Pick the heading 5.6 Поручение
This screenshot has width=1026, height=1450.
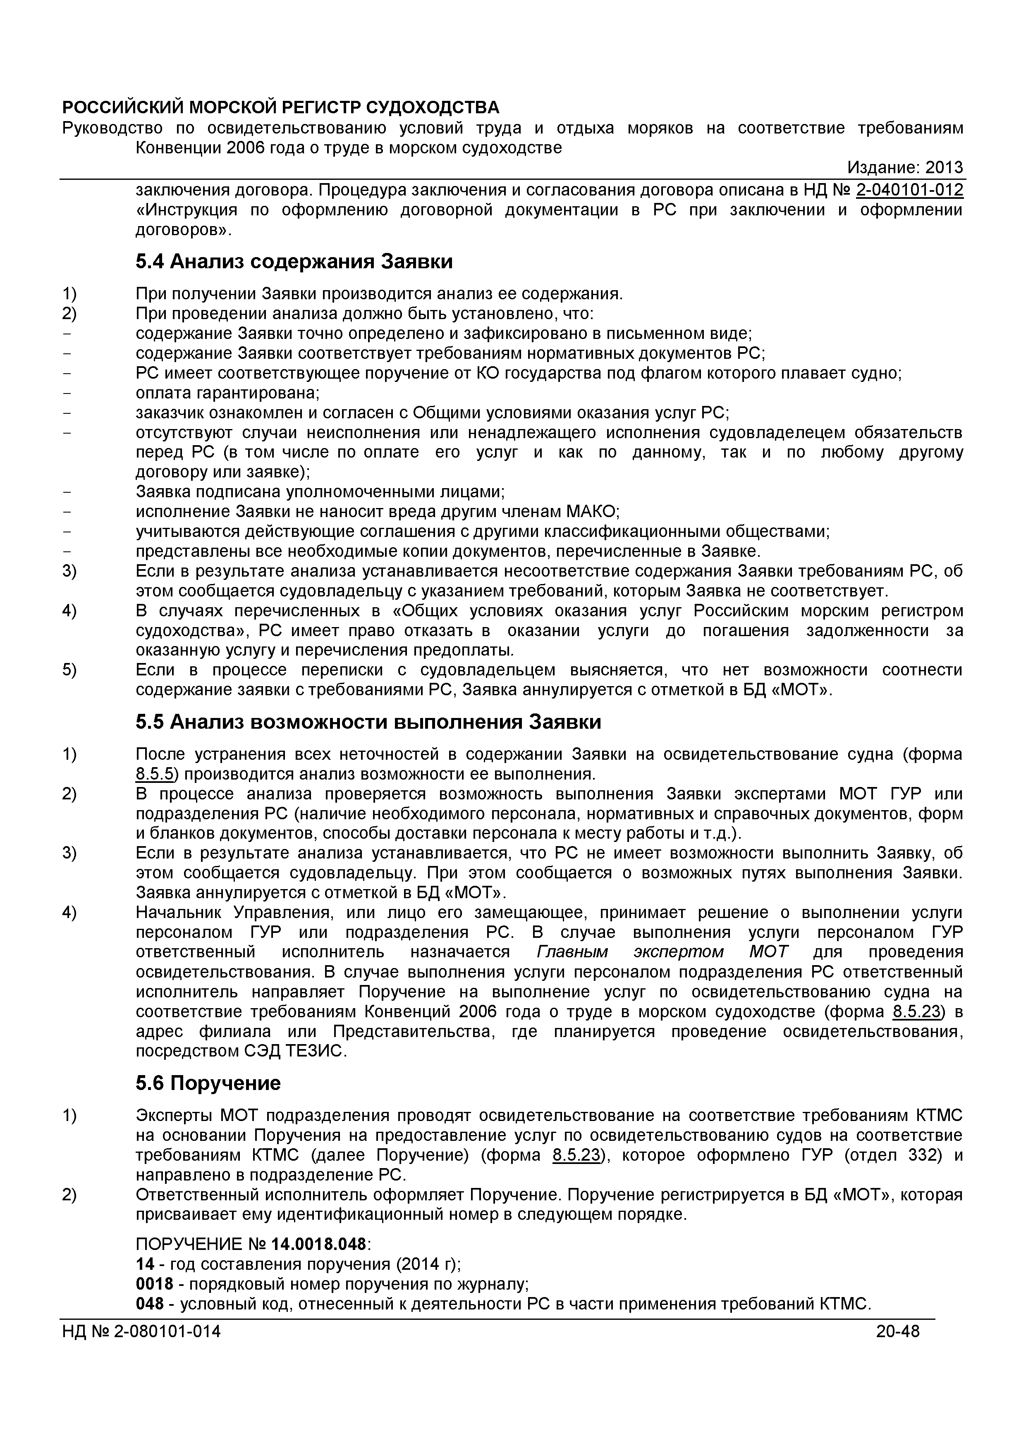208,1084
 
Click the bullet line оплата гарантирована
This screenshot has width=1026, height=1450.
227,393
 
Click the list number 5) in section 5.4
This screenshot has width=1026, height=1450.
69,670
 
